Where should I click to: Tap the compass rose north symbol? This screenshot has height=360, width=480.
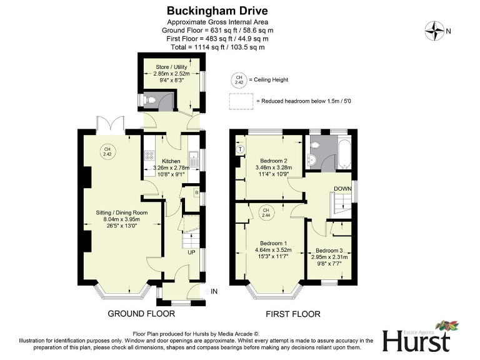coord(434,29)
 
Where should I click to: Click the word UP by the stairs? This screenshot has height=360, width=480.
coord(191,252)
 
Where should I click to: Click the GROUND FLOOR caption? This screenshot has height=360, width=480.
coord(141,314)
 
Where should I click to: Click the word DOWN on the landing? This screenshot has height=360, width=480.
coord(342,188)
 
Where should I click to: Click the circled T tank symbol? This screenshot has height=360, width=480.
coord(240,149)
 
